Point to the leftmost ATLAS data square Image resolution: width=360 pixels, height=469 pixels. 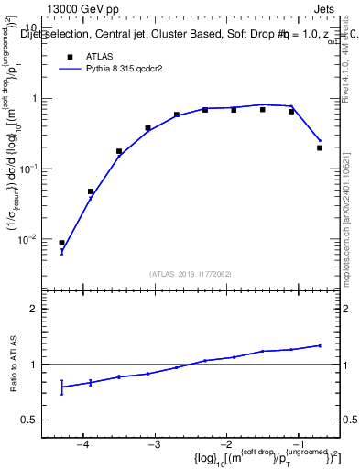pos(61,243)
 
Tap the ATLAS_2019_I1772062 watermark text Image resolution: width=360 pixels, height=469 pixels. pos(191,274)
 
